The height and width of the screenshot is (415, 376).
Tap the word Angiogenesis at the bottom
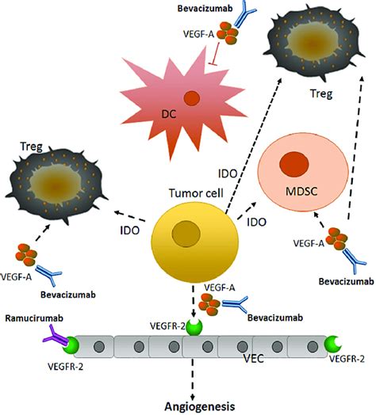[199, 406]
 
